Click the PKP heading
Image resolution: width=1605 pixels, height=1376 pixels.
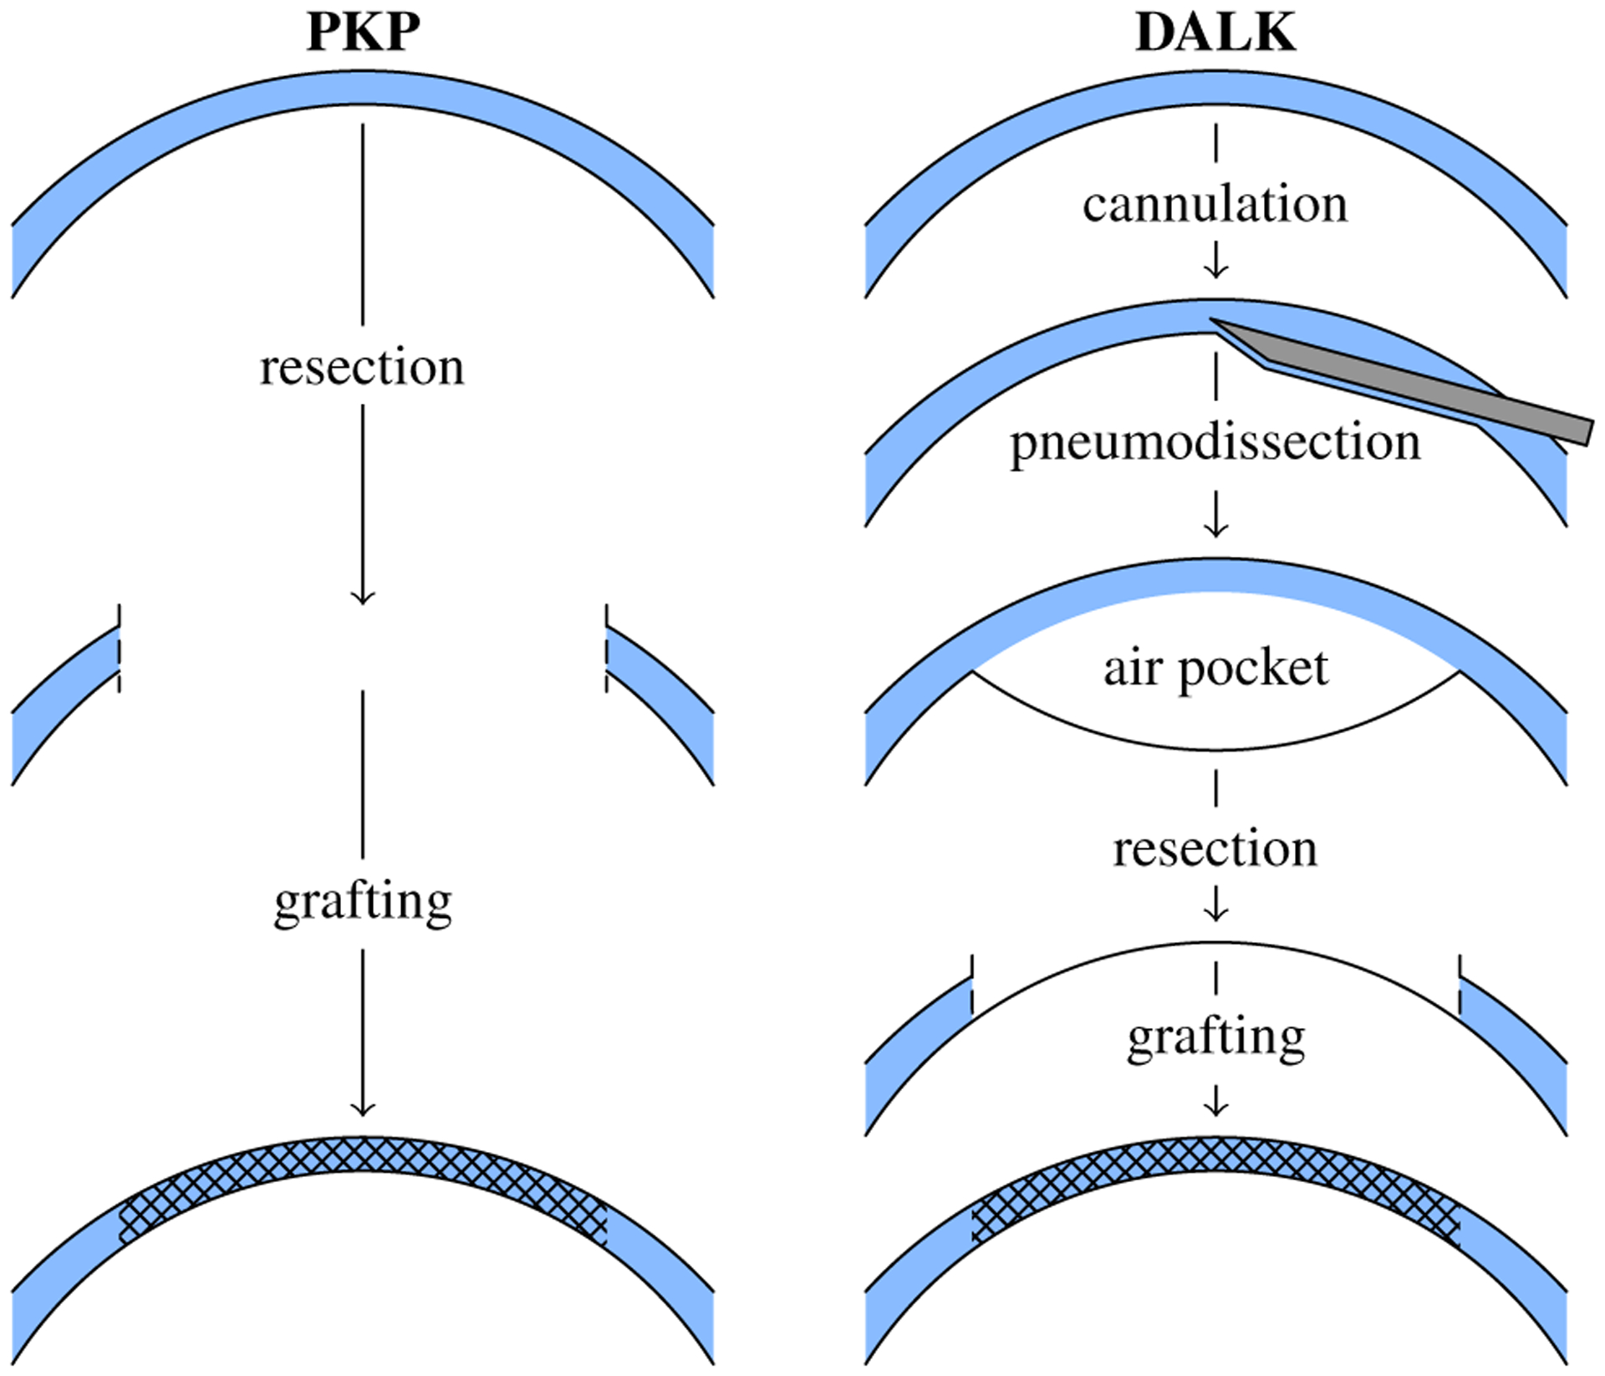363,33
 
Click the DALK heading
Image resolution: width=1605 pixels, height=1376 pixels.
1215,33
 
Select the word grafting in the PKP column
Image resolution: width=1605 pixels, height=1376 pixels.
363,903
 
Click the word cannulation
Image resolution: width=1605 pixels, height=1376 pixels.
1215,205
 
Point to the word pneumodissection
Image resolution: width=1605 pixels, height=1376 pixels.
1215,443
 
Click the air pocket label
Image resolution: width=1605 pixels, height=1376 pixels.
1215,668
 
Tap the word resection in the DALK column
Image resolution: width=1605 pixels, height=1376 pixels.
1215,849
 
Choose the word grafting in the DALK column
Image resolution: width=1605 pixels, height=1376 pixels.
1215,1038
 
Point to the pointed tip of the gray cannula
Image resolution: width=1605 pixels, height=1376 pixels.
1214,320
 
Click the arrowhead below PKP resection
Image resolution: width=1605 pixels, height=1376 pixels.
363,598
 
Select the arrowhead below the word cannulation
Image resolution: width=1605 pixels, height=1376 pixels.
1215,271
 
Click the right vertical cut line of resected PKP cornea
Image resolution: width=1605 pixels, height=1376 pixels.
606,648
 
